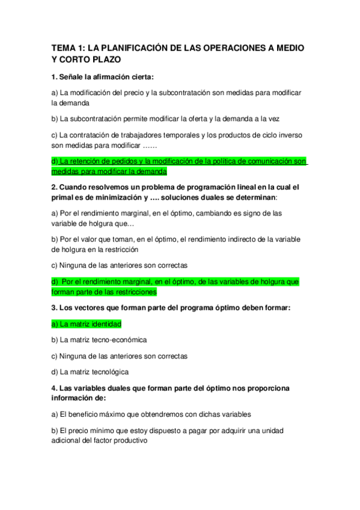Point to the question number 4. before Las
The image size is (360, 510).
point(55,389)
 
